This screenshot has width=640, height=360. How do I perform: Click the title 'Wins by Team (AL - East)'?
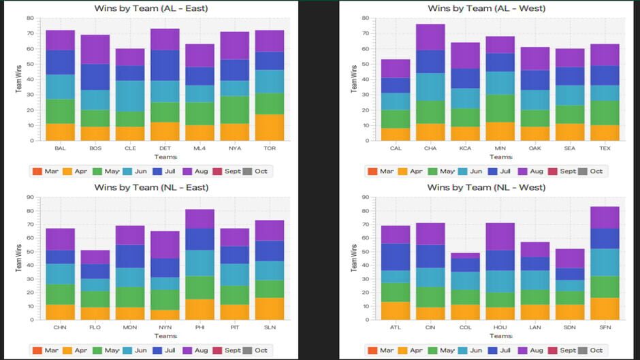[150, 8]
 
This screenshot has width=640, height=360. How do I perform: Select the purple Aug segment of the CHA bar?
[430, 37]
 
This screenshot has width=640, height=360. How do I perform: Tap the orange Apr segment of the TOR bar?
[270, 127]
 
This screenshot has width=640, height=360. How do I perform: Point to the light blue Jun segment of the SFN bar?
[605, 262]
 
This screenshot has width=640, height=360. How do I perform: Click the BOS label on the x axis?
[95, 148]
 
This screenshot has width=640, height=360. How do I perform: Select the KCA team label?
[465, 148]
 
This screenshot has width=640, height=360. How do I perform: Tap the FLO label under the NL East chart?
[95, 327]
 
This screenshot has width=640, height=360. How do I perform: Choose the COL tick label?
[465, 327]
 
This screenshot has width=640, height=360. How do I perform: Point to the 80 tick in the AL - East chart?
[30, 18]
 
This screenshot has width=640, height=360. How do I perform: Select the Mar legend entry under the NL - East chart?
[46, 350]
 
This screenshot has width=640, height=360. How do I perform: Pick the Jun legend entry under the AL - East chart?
[136, 171]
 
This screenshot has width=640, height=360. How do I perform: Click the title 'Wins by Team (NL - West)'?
[486, 187]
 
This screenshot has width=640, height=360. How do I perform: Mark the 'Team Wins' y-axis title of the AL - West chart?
[353, 80]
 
